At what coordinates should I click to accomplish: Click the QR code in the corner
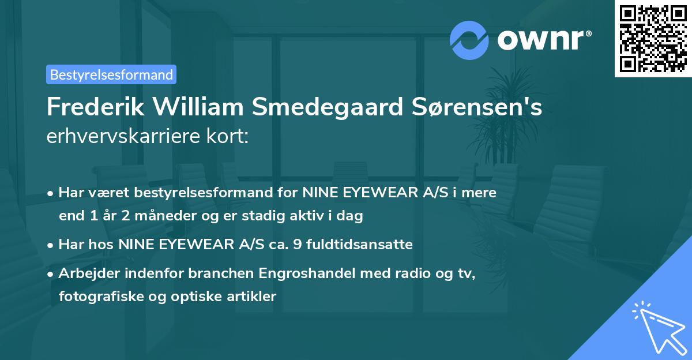pyautogui.click(x=652, y=38)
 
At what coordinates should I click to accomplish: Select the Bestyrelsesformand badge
pyautogui.click(x=111, y=74)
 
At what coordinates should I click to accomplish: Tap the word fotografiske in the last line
pyautogui.click(x=93, y=297)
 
